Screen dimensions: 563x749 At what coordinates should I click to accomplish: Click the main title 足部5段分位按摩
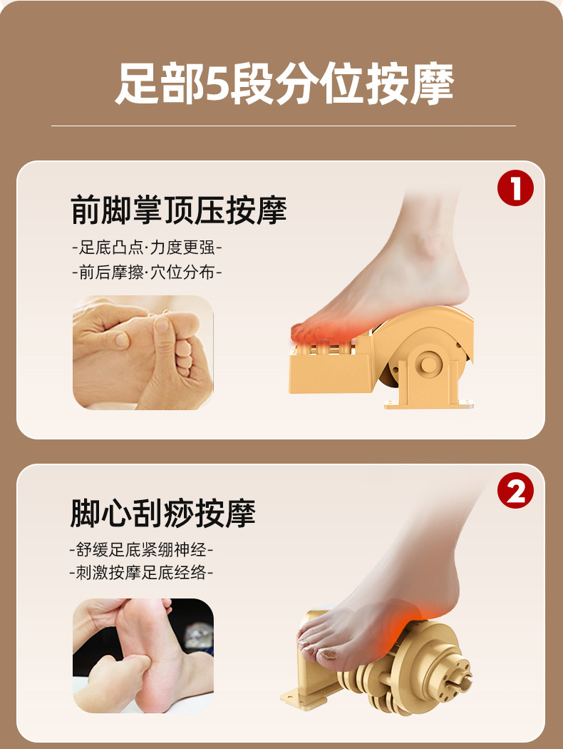(x=284, y=85)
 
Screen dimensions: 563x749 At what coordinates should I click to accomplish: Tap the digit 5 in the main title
(x=217, y=85)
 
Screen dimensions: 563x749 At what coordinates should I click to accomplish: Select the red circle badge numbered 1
(x=515, y=188)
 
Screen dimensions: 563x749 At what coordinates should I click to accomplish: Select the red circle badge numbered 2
(x=515, y=491)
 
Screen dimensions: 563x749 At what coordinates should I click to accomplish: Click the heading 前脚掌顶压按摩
(x=178, y=210)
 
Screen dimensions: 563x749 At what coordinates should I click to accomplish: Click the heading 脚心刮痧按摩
(x=163, y=513)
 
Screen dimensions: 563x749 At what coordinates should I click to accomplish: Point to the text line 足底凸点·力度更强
(x=147, y=248)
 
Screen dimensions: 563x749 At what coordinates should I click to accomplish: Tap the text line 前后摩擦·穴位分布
(x=147, y=272)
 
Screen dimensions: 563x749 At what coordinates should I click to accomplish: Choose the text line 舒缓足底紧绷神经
(x=141, y=549)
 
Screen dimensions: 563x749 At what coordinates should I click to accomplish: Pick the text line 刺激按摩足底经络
(x=141, y=572)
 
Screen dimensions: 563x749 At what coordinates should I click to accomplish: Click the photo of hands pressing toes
(x=143, y=352)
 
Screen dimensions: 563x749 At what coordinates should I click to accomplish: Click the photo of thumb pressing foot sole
(x=143, y=656)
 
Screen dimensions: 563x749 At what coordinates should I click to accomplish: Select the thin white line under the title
(x=284, y=126)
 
